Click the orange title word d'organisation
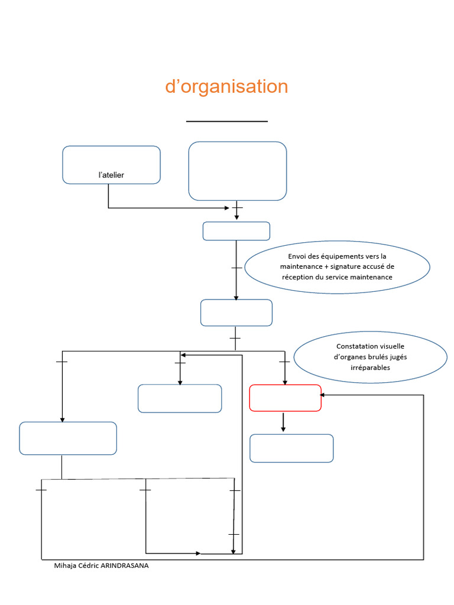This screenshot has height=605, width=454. [226, 87]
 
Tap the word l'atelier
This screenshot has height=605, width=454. [111, 175]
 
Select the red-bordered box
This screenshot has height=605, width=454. [285, 398]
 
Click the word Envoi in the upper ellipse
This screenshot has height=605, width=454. [298, 256]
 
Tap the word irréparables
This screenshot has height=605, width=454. [370, 367]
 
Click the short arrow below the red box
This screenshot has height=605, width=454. [283, 422]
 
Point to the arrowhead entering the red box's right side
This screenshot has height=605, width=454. [324, 395]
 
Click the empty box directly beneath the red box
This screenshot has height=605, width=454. [291, 448]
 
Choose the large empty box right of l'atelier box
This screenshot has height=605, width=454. [238, 171]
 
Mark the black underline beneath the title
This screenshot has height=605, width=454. [227, 121]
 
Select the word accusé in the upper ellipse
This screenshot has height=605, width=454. [372, 267]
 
